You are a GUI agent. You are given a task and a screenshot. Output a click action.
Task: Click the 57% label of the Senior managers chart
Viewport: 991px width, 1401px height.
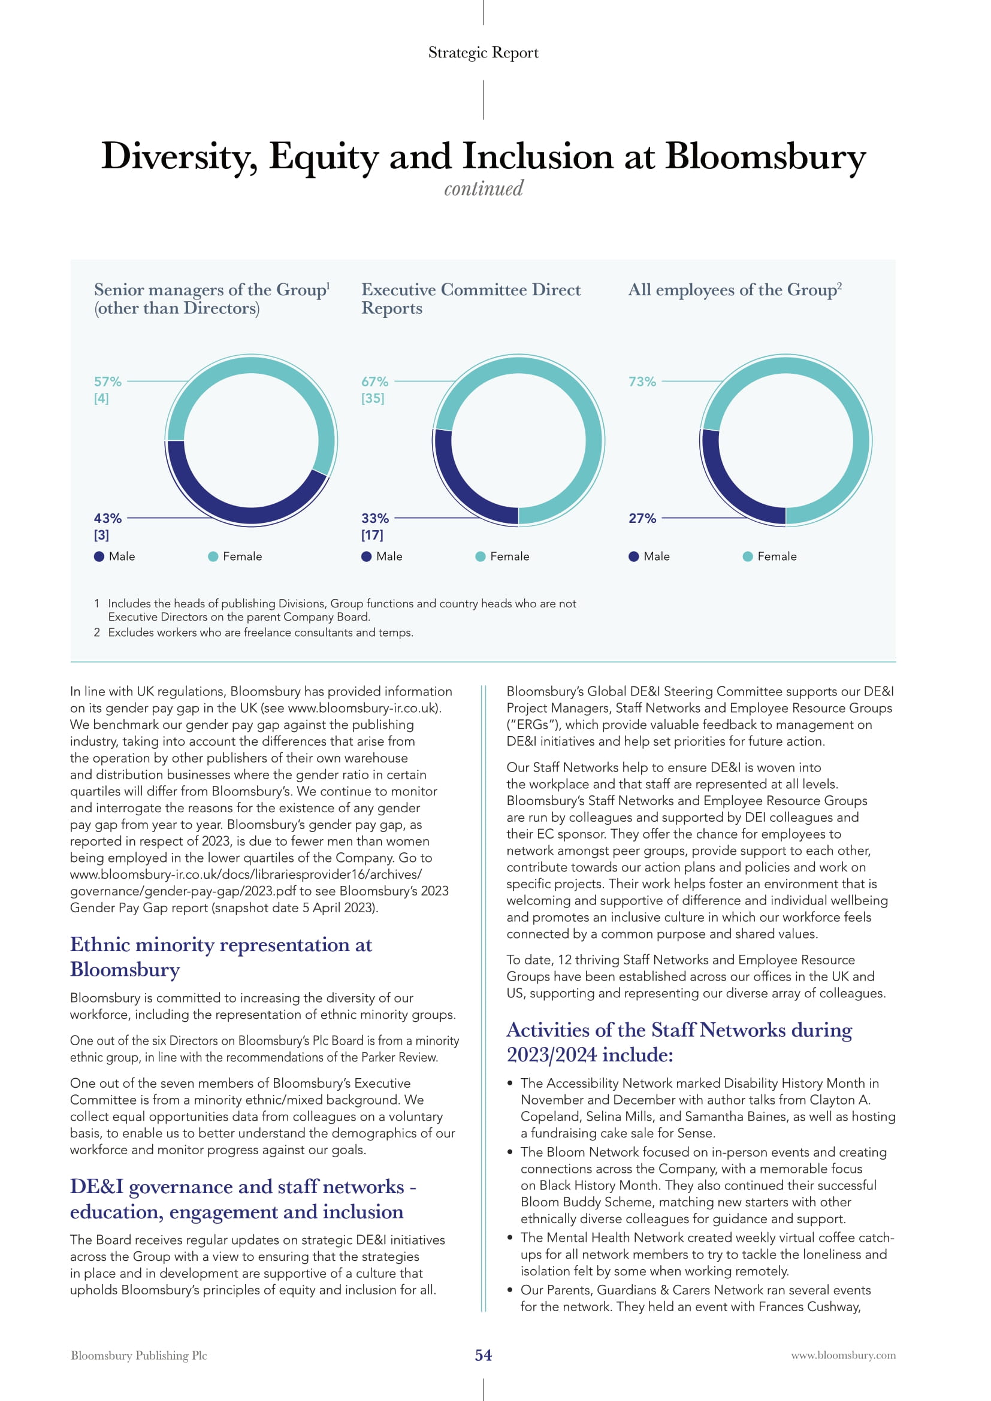click(x=107, y=382)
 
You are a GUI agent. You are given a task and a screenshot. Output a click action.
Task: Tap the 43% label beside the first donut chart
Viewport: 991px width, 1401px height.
click(x=107, y=518)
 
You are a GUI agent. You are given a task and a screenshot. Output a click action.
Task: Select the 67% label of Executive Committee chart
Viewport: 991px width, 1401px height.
click(x=374, y=382)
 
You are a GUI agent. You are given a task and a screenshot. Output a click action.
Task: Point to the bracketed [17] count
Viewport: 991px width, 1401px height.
click(x=372, y=535)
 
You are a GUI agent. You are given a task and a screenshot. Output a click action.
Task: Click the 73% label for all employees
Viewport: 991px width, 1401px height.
click(x=642, y=382)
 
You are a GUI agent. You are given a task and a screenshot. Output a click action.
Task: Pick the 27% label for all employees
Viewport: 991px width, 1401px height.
click(x=642, y=518)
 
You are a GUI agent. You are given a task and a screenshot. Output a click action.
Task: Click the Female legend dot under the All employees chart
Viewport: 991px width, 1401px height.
click(x=748, y=556)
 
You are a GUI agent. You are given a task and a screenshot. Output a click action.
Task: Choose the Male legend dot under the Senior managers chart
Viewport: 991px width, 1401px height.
click(x=99, y=556)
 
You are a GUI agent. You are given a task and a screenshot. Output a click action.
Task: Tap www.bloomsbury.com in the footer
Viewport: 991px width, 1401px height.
click(x=844, y=1355)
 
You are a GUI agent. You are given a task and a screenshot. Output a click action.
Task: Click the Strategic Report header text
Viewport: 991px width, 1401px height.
click(x=484, y=53)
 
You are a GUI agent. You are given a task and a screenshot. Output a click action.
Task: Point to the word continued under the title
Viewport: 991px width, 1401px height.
click(x=484, y=188)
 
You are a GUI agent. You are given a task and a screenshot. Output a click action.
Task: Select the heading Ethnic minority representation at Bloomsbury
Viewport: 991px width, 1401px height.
click(x=221, y=957)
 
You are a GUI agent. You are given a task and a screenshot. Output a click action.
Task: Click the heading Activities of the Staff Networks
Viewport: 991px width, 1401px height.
click(x=679, y=1042)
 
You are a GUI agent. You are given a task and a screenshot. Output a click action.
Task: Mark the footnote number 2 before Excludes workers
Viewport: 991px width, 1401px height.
click(x=96, y=633)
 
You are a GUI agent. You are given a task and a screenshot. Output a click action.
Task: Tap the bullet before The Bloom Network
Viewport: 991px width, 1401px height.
click(x=509, y=1152)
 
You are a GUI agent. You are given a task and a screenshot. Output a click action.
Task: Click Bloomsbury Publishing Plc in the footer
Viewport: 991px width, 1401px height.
click(x=139, y=1355)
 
